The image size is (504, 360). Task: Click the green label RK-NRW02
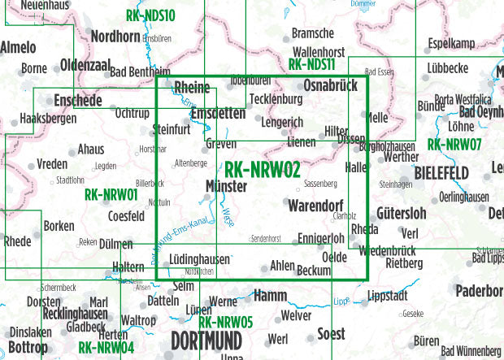(262, 169)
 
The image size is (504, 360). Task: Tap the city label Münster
(227, 185)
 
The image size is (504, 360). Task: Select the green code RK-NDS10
(150, 15)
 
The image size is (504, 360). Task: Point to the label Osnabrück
(332, 85)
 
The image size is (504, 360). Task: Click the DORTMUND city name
(206, 338)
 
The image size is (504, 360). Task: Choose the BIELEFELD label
(441, 173)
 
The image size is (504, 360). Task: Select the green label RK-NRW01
(110, 194)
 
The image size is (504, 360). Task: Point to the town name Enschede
(77, 101)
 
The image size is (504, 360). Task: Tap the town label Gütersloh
(402, 213)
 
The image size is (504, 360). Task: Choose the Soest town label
(329, 334)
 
